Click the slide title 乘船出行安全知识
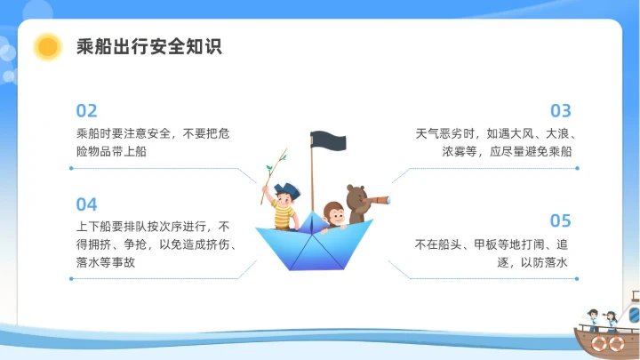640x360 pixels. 148,47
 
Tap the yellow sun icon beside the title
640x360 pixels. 47,47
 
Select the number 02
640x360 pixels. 86,111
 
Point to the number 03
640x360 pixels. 560,111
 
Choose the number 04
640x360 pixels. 86,204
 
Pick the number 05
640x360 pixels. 560,220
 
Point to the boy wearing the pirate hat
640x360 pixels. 284,206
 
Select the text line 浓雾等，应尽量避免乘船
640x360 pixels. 507,152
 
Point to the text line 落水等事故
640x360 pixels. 106,262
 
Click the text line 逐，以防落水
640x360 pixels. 530,262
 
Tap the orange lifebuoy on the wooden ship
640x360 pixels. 612,341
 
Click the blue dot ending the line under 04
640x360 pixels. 70,278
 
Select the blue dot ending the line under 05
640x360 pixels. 577,278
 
